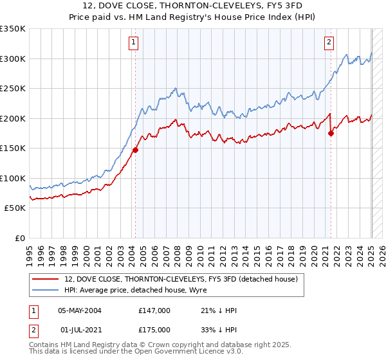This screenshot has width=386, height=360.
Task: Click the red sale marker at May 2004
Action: click(136, 150)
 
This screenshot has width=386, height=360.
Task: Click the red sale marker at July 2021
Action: click(331, 134)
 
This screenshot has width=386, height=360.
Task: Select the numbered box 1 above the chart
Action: click(133, 42)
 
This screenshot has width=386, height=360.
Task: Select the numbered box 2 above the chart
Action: click(329, 42)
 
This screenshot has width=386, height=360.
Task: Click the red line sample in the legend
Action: click(46, 279)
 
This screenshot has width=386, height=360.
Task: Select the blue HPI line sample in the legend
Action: click(46, 291)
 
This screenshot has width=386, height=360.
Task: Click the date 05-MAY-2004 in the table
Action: click(84, 310)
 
